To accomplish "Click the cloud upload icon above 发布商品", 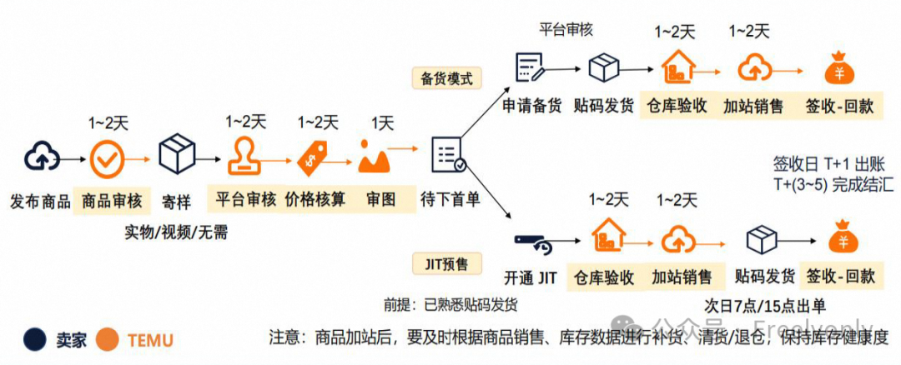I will [39, 156].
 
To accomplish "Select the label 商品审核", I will [112, 201].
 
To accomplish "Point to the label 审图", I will [380, 200].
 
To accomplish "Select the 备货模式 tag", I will [446, 79].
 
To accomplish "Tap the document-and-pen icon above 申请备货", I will [531, 67].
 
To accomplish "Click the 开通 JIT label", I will [531, 277].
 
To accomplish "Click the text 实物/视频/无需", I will [176, 232].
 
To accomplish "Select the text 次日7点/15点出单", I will [766, 305].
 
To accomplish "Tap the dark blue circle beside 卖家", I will [34, 339].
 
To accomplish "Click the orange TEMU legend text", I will [150, 340].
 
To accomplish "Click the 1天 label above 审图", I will [382, 123].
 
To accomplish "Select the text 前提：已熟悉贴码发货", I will [450, 304].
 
